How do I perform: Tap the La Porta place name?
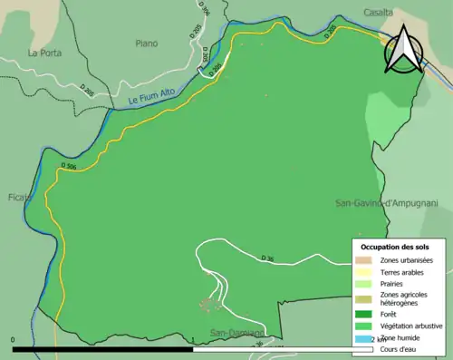tap(44, 53)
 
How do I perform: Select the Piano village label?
tap(146, 43)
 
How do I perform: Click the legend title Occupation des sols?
tap(395, 246)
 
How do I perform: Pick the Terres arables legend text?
tap(402, 271)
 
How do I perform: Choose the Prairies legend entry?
tap(394, 283)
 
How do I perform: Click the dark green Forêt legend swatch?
tap(361, 314)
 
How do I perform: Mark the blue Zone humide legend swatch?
tap(361, 338)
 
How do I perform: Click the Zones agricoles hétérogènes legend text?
tap(404, 298)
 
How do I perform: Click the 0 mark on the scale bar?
tap(14, 340)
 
